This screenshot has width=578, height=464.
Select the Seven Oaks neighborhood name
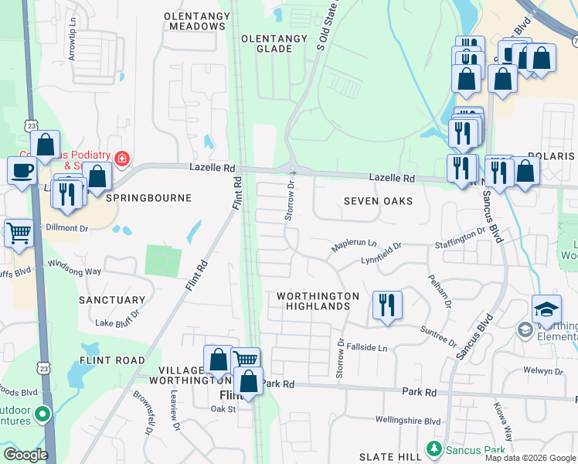click(x=378, y=201)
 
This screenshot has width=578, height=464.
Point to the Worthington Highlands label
click(x=318, y=301)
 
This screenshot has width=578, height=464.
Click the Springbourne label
click(x=148, y=198)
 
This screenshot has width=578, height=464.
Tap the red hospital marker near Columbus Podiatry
click(x=121, y=159)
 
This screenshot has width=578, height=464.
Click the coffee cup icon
click(x=22, y=169)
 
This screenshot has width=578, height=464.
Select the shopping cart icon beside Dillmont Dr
click(x=19, y=231)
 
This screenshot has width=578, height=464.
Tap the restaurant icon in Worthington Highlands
click(x=387, y=303)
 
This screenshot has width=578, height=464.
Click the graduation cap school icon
click(x=546, y=310)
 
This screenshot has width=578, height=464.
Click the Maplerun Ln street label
click(x=354, y=244)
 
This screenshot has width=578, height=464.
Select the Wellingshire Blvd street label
click(x=407, y=421)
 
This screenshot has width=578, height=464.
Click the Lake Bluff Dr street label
click(x=117, y=319)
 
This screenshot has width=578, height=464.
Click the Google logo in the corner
click(x=25, y=455)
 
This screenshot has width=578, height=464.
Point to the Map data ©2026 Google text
click(x=529, y=458)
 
